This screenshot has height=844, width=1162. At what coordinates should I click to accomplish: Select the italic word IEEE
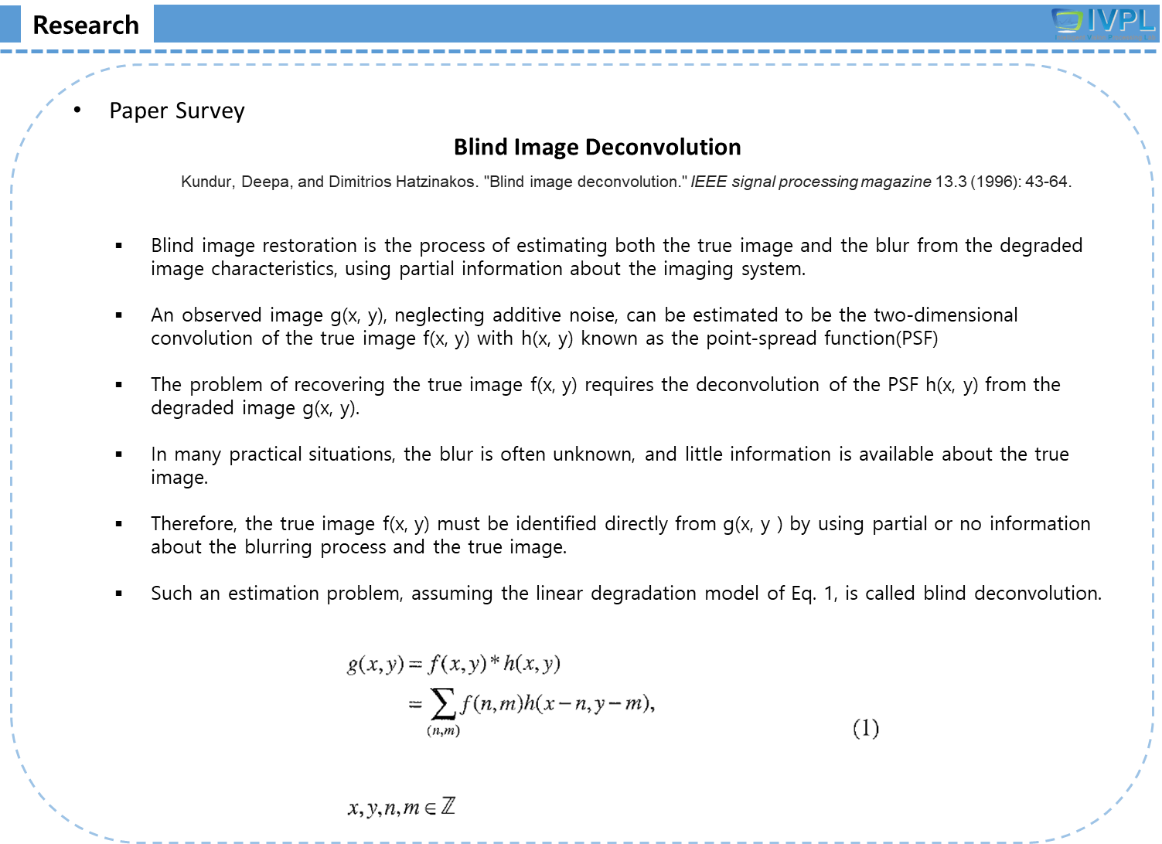pos(708,182)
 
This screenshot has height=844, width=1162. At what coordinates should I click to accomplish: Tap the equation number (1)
pos(865,728)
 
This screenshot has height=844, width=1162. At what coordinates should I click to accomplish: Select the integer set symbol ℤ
pos(448,807)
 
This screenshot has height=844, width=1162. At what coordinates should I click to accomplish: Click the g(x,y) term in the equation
pos(376,664)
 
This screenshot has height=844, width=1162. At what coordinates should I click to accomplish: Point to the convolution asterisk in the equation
pos(495,663)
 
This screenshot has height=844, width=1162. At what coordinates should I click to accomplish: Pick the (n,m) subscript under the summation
pos(443,731)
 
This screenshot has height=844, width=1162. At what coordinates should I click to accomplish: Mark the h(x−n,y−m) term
pos(587,704)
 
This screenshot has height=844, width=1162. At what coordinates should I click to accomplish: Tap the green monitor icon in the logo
pos(1067,22)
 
